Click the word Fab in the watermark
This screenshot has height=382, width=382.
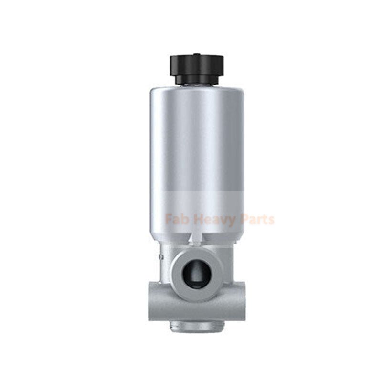[x=175, y=220]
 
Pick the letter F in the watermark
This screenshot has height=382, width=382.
[x=169, y=220]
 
